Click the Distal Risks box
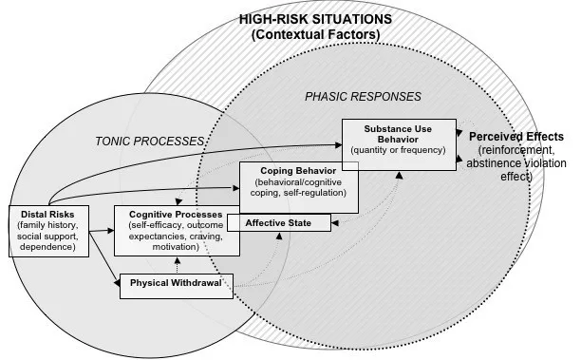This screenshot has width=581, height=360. (48, 230)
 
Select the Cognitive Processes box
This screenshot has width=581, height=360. (176, 230)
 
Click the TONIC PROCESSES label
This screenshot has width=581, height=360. (150, 141)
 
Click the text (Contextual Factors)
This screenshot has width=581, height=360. (315, 35)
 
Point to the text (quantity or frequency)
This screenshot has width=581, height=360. (398, 149)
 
